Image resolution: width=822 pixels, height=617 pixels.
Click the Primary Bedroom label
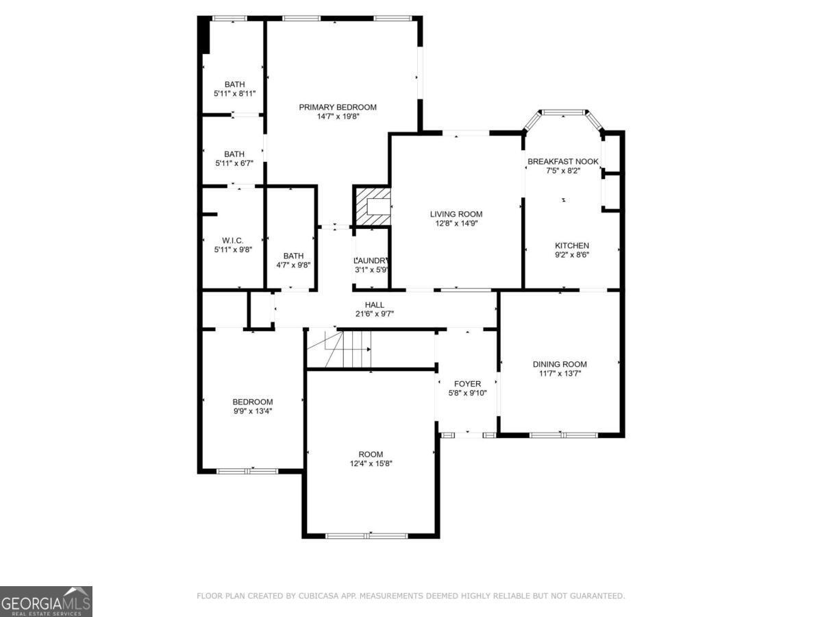click(x=338, y=107)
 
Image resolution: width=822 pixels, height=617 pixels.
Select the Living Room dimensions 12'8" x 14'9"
click(x=456, y=224)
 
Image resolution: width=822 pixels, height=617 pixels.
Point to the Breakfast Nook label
click(x=563, y=162)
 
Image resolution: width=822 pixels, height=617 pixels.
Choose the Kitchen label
click(x=572, y=245)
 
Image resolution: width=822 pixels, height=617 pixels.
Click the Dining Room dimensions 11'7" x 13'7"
click(x=560, y=374)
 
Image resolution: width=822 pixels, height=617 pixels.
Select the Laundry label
click(x=372, y=261)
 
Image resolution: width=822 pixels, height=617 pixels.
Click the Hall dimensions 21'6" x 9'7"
click(x=374, y=314)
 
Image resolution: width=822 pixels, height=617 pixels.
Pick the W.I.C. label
click(x=233, y=241)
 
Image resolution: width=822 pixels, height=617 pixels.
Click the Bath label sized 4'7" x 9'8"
click(x=293, y=256)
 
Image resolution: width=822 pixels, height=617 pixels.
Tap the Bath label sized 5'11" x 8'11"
click(x=234, y=84)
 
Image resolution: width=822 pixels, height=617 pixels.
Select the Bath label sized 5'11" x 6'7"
click(x=234, y=154)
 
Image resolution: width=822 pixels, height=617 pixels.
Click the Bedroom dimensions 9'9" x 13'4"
click(x=252, y=412)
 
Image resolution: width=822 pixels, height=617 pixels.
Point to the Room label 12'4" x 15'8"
click(x=371, y=454)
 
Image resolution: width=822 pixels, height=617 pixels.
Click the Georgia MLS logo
click(x=46, y=601)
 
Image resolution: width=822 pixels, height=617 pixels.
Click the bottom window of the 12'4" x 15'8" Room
click(x=369, y=535)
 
